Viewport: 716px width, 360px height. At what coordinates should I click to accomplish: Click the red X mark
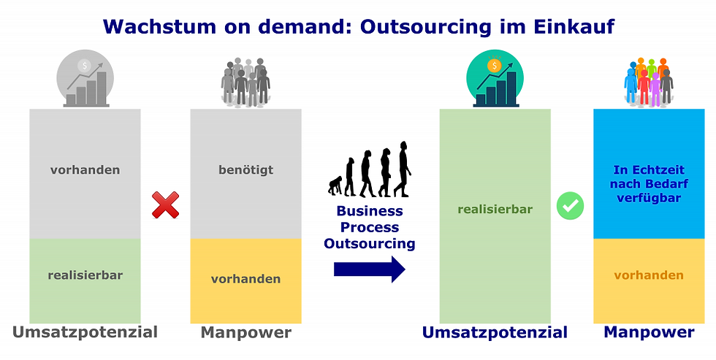click(x=165, y=205)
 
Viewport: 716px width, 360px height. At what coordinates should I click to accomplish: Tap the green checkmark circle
click(x=571, y=206)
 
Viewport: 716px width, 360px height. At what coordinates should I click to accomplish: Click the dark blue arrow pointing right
click(x=370, y=269)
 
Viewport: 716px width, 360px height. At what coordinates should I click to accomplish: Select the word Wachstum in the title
click(x=159, y=26)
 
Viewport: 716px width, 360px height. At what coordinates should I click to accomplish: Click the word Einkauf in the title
click(x=574, y=26)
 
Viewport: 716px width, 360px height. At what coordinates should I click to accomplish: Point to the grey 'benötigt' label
click(x=245, y=169)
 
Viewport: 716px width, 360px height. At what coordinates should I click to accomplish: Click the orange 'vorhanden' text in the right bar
click(x=649, y=275)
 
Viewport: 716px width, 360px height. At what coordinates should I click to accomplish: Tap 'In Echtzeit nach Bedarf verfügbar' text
click(x=649, y=184)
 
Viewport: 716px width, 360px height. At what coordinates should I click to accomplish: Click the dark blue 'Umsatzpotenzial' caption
click(x=495, y=333)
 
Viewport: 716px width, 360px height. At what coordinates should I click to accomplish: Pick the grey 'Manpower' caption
click(x=246, y=332)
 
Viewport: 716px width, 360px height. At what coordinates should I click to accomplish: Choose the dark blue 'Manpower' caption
click(x=649, y=332)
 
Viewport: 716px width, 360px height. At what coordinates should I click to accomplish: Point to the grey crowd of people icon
click(x=245, y=83)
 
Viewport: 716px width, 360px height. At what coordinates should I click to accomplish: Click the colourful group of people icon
click(x=649, y=83)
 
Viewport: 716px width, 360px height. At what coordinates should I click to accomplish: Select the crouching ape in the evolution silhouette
click(x=335, y=185)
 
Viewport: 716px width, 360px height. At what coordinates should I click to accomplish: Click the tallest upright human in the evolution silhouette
click(x=402, y=169)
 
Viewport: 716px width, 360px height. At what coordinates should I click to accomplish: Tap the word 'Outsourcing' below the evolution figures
click(x=370, y=243)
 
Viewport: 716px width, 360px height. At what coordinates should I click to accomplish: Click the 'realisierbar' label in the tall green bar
click(x=495, y=210)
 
